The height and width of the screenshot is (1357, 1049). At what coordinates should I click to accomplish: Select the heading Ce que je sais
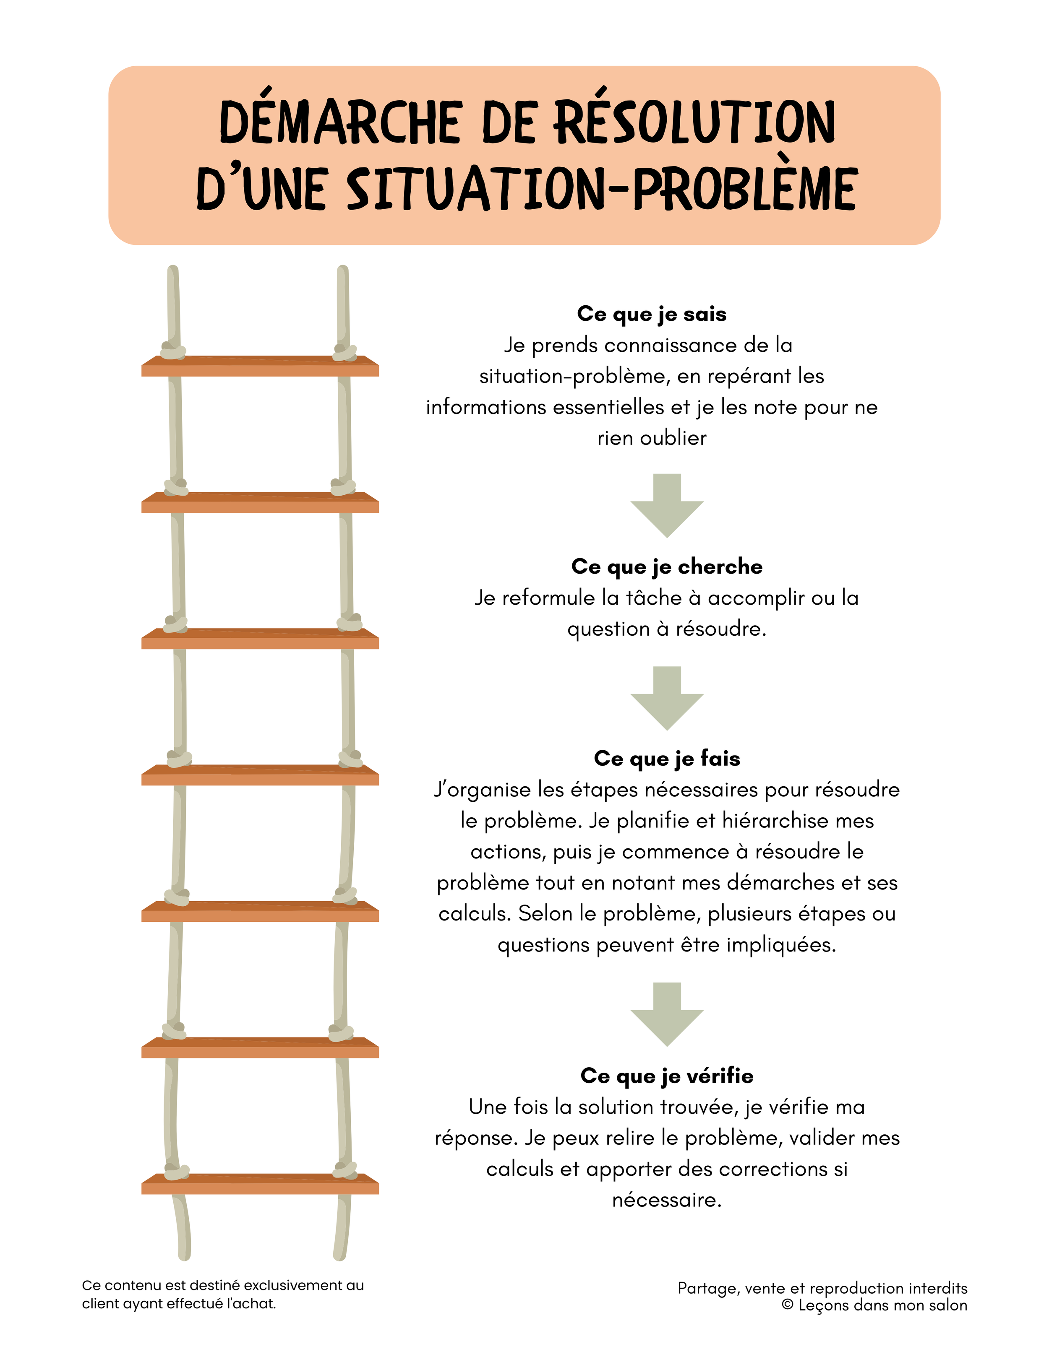click(x=651, y=314)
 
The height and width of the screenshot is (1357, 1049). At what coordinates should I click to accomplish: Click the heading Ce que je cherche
click(x=667, y=567)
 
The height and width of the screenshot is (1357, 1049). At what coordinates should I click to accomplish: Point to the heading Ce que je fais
click(x=667, y=759)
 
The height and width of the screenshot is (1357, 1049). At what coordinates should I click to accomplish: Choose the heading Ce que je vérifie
click(x=667, y=1076)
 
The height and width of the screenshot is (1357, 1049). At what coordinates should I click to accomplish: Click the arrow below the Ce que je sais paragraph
click(x=667, y=504)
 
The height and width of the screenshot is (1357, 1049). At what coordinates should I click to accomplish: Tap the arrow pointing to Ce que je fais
click(x=667, y=697)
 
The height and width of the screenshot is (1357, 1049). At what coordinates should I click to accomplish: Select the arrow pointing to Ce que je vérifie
click(x=667, y=1014)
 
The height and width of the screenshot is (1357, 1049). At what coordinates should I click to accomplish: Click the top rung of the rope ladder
click(x=260, y=366)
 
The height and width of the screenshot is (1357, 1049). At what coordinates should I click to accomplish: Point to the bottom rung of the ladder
click(x=260, y=1184)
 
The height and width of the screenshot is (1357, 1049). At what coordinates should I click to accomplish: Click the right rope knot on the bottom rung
click(x=344, y=1170)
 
